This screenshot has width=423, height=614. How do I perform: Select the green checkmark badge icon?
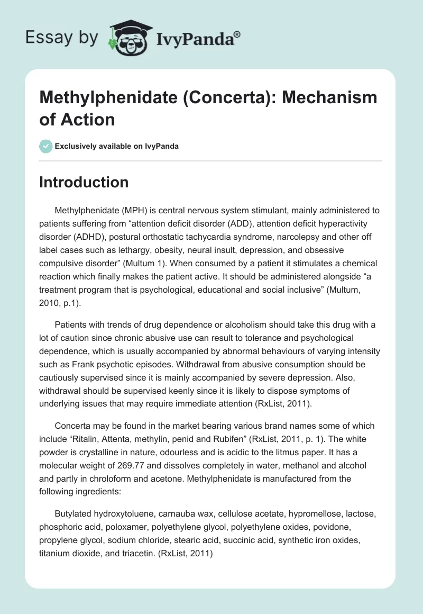pyautogui.click(x=46, y=146)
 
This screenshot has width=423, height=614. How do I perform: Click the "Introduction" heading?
pyautogui.click(x=84, y=182)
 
